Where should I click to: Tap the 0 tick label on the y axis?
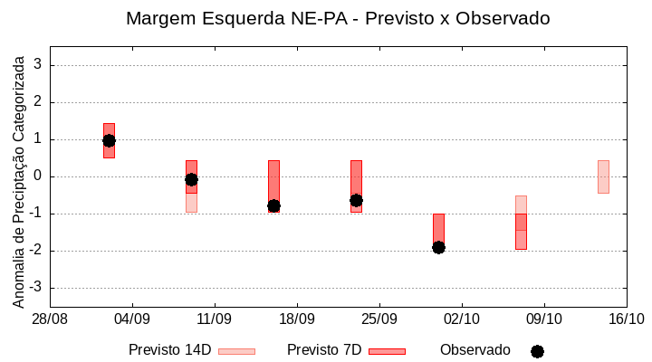(39, 176)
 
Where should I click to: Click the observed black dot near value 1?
(109, 140)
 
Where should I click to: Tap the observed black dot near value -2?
(438, 247)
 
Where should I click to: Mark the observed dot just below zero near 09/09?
(191, 179)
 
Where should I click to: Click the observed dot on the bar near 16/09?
(273, 206)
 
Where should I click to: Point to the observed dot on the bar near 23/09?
(356, 200)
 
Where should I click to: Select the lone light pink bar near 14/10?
(603, 176)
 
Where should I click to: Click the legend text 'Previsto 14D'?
(169, 350)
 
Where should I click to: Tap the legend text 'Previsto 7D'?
(323, 350)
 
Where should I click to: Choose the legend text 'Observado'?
(475, 350)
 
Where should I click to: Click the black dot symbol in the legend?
(537, 351)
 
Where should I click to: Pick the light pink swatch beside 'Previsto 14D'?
(236, 351)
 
